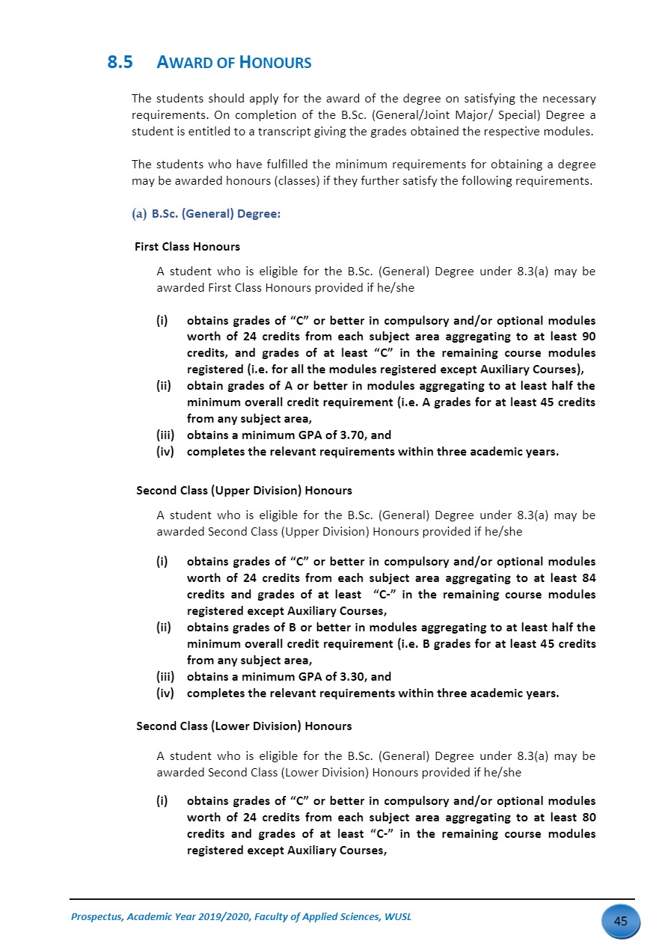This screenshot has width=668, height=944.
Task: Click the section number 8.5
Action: (120, 63)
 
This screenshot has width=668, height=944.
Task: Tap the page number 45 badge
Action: (620, 921)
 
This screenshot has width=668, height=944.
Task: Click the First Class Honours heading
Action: (187, 246)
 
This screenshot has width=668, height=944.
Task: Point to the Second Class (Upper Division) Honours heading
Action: (244, 491)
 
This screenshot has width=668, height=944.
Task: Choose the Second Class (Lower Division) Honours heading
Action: (244, 726)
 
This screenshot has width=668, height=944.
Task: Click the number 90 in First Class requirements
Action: (588, 337)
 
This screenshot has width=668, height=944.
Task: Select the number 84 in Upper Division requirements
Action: (588, 578)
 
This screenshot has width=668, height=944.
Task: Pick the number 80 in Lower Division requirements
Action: (588, 818)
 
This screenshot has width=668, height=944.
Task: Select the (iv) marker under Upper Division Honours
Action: (166, 693)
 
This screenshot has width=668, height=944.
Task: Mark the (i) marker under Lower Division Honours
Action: (161, 801)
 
